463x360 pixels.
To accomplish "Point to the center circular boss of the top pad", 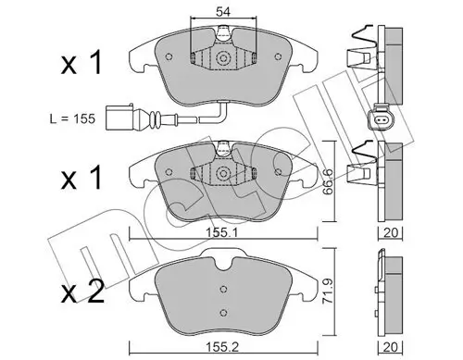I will pyautogui.click(x=223, y=57).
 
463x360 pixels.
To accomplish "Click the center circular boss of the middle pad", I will pyautogui.click(x=223, y=174).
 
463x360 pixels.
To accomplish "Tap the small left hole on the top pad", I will pyautogui.click(x=169, y=56).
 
